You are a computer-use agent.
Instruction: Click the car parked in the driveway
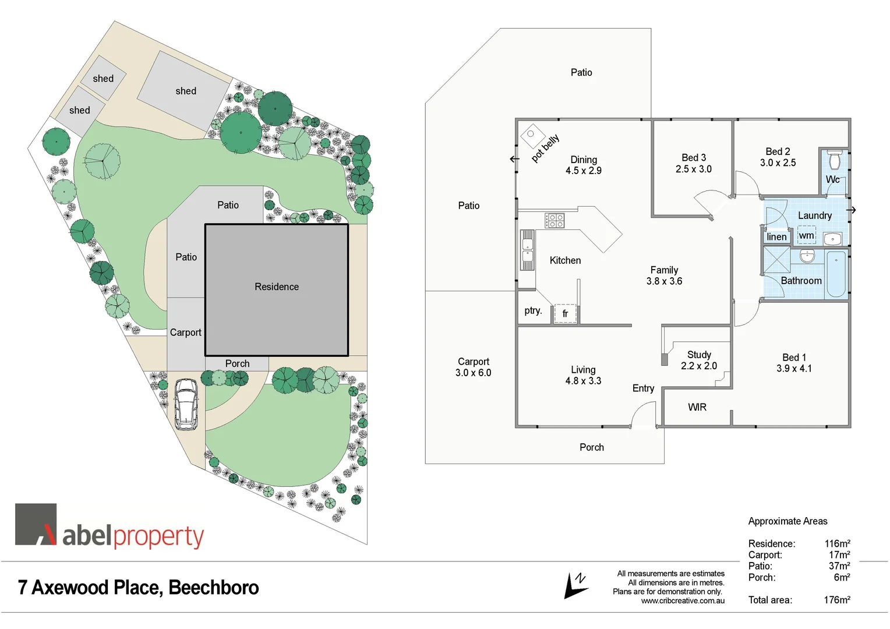click(x=186, y=404)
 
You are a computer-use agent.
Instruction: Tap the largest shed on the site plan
click(x=185, y=90)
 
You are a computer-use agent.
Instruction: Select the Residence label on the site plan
click(x=277, y=287)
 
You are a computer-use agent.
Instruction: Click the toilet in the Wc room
click(x=835, y=159)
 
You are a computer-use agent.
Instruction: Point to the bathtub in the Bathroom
click(x=836, y=274)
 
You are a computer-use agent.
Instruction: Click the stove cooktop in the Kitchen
click(x=555, y=220)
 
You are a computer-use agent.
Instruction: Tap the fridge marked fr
click(x=565, y=313)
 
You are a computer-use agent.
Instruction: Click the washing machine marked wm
click(x=806, y=235)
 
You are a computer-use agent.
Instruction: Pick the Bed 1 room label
click(x=794, y=357)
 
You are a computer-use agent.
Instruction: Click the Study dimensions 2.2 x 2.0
click(x=699, y=366)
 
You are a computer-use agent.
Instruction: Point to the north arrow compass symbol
click(x=575, y=586)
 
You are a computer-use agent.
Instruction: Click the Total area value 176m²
click(x=836, y=600)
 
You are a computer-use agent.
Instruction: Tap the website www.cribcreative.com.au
click(x=683, y=600)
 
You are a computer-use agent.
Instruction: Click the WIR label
click(x=697, y=407)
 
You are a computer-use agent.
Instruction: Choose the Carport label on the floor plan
click(x=473, y=361)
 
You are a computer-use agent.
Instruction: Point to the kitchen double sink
click(x=527, y=250)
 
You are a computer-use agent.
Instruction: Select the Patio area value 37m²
click(x=839, y=566)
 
